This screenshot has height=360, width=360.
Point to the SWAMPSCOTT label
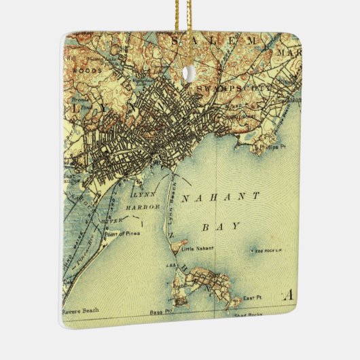point(234,89)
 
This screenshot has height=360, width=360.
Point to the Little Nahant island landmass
point(177,243)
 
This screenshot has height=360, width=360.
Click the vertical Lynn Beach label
point(171,201)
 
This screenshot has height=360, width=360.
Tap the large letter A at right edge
point(290,295)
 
